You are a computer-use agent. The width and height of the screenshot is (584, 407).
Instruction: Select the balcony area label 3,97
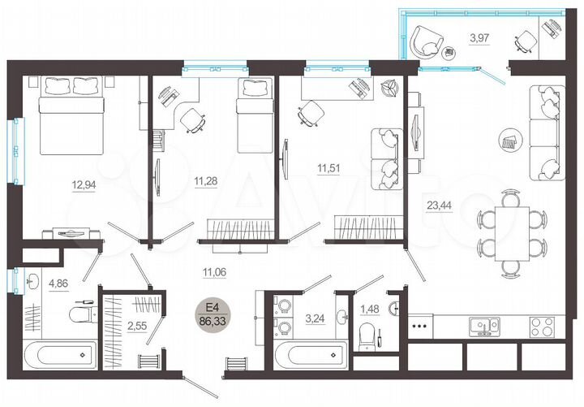tap(480, 36)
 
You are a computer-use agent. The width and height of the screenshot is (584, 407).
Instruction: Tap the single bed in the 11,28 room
tap(253, 115)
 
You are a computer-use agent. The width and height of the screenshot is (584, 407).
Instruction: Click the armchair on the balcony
tap(424, 41)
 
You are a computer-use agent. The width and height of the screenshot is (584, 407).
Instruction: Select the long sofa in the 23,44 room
tap(545, 132)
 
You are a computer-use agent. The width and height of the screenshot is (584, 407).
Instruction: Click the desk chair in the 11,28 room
tap(193, 119)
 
